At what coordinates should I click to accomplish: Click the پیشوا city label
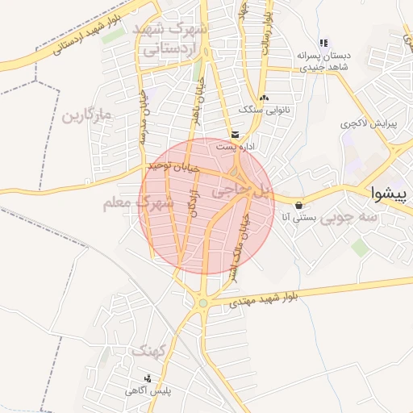pyautogui.click(x=391, y=194)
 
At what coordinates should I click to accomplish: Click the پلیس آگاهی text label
pyautogui.click(x=148, y=391)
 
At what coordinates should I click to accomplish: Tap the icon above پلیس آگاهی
pyautogui.click(x=147, y=378)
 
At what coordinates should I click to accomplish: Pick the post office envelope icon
pyautogui.click(x=235, y=134)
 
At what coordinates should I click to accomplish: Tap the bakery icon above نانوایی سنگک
pyautogui.click(x=264, y=97)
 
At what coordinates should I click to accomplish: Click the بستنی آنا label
pyautogui.click(x=300, y=217)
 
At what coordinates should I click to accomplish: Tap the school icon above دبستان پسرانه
pyautogui.click(x=323, y=44)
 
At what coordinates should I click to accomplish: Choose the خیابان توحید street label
pyautogui.click(x=171, y=167)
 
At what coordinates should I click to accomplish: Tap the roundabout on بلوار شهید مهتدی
pyautogui.click(x=203, y=303)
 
